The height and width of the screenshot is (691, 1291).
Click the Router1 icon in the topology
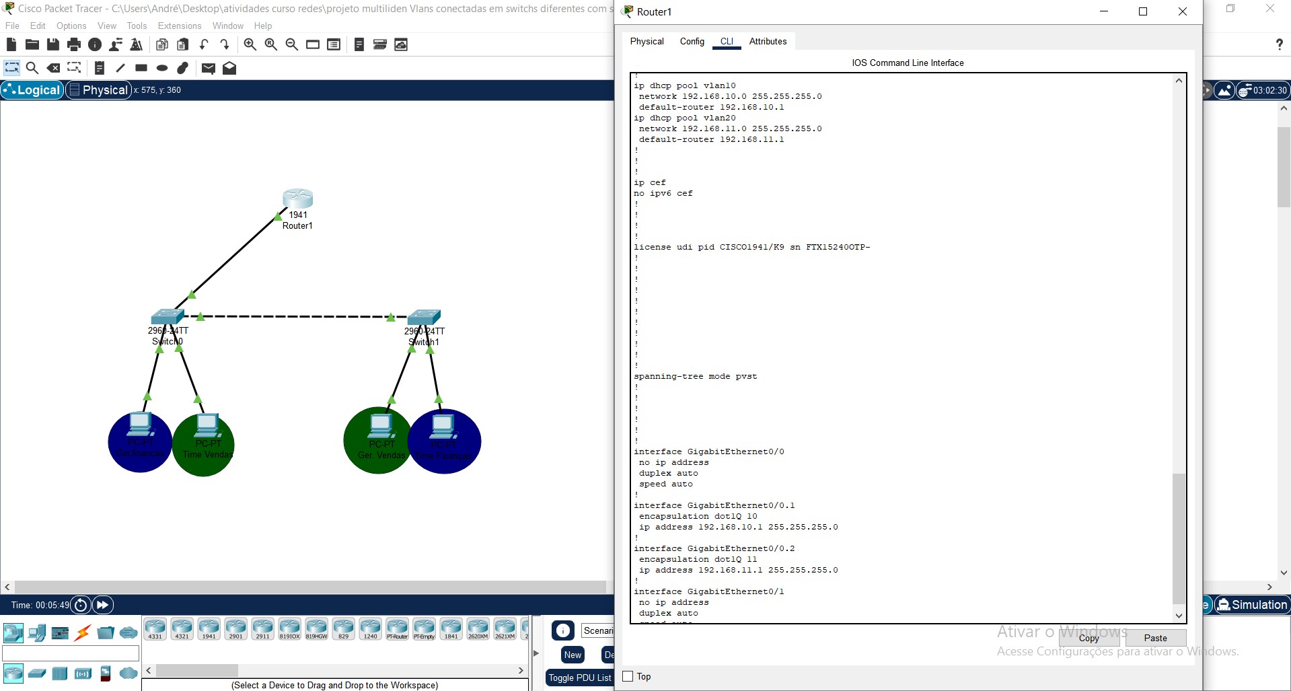297,199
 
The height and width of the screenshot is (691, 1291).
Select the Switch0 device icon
168,316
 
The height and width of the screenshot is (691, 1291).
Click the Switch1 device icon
424,317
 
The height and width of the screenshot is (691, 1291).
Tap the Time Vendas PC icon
207,426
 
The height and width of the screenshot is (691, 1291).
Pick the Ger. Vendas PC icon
381,427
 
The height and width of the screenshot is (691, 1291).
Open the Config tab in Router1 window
692,42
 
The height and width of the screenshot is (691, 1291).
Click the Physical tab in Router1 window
647,42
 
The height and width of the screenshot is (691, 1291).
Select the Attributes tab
768,42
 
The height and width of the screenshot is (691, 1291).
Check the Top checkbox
628,676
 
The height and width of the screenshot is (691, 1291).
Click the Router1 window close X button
1182,11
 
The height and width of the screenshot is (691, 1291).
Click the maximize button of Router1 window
1142,11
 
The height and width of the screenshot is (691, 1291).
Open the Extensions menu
180,26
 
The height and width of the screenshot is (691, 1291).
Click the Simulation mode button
1252,604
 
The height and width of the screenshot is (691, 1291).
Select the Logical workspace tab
32,90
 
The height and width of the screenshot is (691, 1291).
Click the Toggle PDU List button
580,678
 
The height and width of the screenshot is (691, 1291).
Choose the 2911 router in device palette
262,628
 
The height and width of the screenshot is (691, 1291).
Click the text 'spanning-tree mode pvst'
695,376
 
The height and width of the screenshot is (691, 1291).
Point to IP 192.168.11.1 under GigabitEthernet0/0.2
730,570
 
